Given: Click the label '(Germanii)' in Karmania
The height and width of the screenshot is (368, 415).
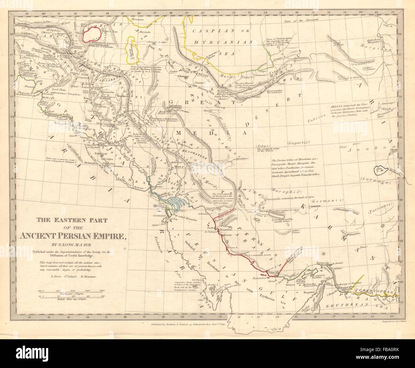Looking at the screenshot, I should click(x=328, y=201).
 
